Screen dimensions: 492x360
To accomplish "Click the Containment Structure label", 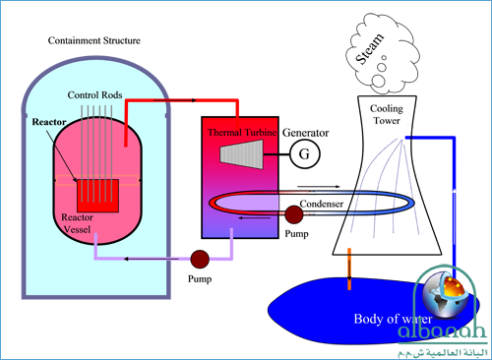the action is click(94, 40).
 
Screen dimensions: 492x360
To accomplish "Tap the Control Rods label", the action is click(94, 95).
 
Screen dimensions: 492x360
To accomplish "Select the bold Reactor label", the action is click(49, 122).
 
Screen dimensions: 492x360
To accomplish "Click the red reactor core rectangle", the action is click(97, 196).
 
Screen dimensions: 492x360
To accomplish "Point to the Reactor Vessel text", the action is click(77, 223).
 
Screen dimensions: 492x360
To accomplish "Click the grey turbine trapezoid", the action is click(242, 154).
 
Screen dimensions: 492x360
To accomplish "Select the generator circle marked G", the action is click(305, 153).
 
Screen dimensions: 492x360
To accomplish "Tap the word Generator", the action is click(305, 133).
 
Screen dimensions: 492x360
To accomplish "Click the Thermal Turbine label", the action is click(242, 133).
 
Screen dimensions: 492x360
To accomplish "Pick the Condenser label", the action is click(322, 204).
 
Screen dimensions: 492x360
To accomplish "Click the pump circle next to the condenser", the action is click(294, 214).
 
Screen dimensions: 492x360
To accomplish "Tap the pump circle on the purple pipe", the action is click(200, 259).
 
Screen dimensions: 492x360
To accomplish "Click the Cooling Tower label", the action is click(387, 114).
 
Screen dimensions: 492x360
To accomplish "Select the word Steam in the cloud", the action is click(370, 49).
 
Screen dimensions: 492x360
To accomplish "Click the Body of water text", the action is click(393, 319).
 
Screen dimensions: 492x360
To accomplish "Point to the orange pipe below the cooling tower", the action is click(349, 269).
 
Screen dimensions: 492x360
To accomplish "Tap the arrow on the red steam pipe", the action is click(175, 100).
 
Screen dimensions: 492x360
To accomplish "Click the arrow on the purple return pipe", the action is click(152, 259).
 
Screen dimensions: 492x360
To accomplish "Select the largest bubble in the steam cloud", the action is click(378, 81).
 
